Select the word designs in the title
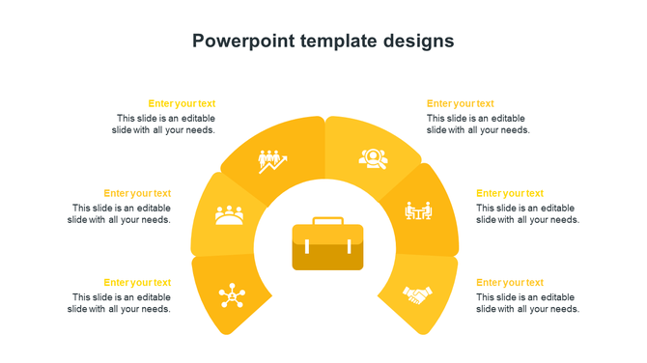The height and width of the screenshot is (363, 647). pyautogui.click(x=414, y=41)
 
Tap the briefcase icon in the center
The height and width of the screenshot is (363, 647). pyautogui.click(x=327, y=245)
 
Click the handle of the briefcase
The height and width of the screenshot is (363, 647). pyautogui.click(x=327, y=221)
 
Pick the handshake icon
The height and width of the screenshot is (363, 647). pyautogui.click(x=417, y=294)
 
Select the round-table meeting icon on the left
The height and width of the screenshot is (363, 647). pyautogui.click(x=229, y=214)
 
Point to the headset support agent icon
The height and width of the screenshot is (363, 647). pyautogui.click(x=374, y=157)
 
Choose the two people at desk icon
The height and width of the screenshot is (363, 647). pyautogui.click(x=418, y=210)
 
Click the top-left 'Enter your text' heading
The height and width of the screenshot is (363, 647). pyautogui.click(x=182, y=103)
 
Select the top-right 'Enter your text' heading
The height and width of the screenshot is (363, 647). pyautogui.click(x=460, y=103)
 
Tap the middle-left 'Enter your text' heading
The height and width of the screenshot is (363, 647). pyautogui.click(x=137, y=193)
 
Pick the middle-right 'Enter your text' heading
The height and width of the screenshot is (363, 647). pyautogui.click(x=509, y=193)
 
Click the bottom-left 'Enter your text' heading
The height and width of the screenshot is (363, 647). pyautogui.click(x=137, y=283)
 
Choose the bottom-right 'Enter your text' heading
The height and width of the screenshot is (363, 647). pyautogui.click(x=509, y=283)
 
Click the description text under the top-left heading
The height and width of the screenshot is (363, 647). pyautogui.click(x=163, y=124)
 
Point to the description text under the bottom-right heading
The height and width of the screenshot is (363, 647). pyautogui.click(x=527, y=303)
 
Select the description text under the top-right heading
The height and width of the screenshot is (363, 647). pyautogui.click(x=478, y=124)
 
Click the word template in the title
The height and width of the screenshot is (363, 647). pyautogui.click(x=328, y=41)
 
